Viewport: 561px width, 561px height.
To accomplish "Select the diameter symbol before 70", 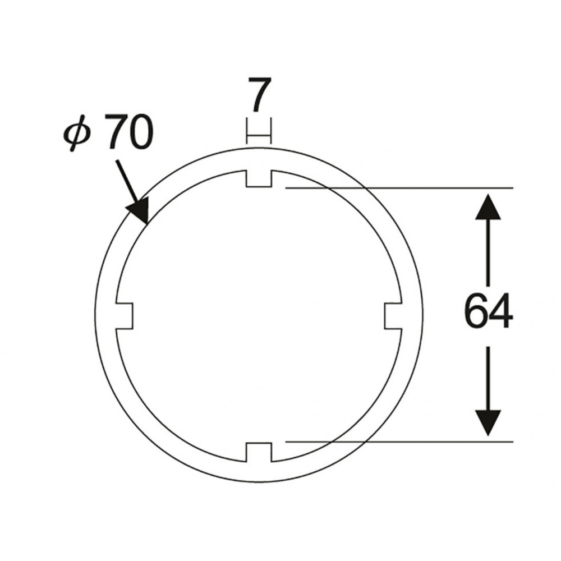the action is (x=77, y=133).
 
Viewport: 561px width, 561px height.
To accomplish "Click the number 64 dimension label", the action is (x=489, y=311).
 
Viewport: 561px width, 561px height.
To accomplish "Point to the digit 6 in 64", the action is (x=476, y=311).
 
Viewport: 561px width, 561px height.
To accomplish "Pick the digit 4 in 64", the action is (x=501, y=311).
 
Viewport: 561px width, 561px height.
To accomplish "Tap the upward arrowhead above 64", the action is (x=488, y=206).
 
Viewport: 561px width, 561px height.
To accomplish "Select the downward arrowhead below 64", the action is (x=488, y=423).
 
